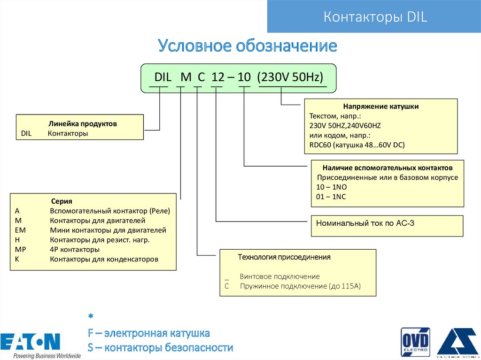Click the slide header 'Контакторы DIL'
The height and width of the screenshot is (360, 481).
374,17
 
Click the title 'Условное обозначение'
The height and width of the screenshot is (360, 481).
248,46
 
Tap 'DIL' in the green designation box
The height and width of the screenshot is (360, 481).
163,77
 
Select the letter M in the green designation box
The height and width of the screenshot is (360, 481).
186,77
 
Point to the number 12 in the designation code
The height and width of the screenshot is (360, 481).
217,77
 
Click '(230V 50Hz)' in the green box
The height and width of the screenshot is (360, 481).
290,77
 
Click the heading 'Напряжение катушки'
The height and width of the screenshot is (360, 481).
380,107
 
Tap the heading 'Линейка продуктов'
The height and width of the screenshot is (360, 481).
82,124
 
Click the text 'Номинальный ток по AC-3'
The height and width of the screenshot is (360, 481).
365,223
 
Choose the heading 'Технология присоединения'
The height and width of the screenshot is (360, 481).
284,257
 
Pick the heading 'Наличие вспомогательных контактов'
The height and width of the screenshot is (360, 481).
388,168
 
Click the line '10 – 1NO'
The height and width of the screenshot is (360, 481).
332,187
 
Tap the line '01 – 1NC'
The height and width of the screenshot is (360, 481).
331,197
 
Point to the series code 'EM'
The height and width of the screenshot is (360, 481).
20,230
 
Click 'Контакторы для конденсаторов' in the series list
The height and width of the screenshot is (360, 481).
104,259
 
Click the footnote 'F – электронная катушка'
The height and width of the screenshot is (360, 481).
148,334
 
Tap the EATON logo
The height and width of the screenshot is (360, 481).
31,343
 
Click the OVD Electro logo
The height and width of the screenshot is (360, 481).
415,342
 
